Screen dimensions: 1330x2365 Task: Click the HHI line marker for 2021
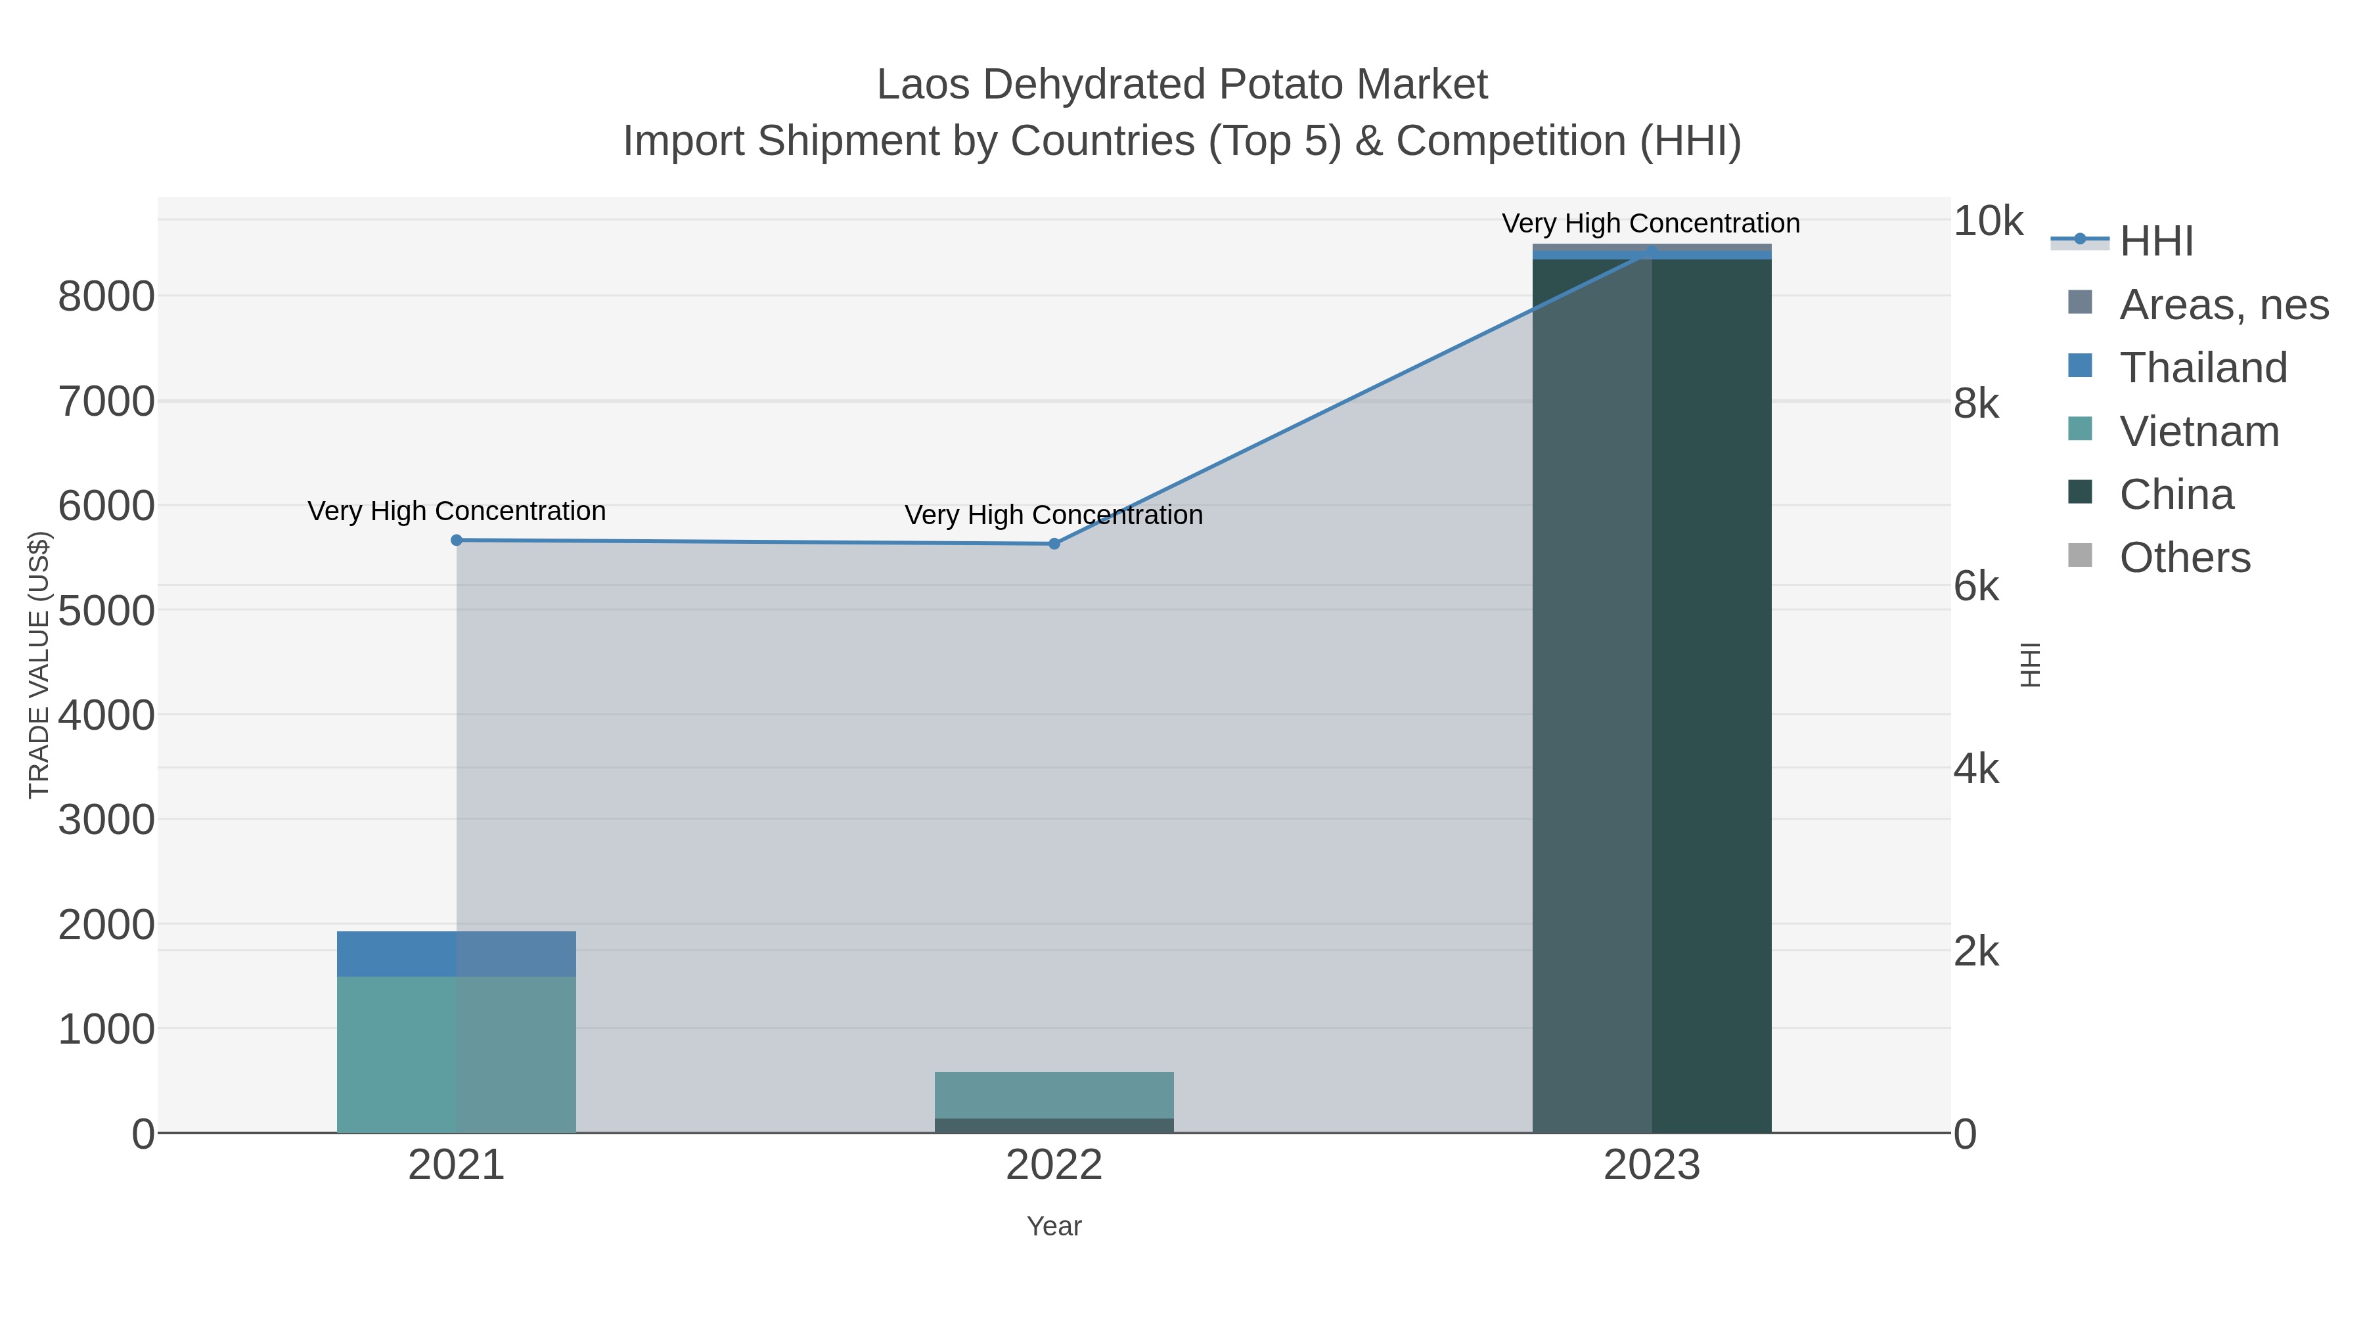pyautogui.click(x=457, y=540)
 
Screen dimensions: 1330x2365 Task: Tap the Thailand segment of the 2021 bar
pyautogui.click(x=457, y=954)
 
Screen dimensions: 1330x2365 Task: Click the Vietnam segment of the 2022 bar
pyautogui.click(x=1054, y=1094)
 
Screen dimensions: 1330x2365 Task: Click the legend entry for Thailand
pyautogui.click(x=2203, y=367)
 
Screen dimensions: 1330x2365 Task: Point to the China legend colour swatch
pyautogui.click(x=2079, y=492)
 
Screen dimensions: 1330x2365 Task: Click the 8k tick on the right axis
pyautogui.click(x=1975, y=404)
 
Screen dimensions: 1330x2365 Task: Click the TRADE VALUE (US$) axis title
pyautogui.click(x=39, y=665)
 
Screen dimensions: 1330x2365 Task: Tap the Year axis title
pyautogui.click(x=1054, y=1226)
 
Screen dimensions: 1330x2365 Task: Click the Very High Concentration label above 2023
pyautogui.click(x=1651, y=223)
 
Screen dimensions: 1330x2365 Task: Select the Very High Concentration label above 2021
pyautogui.click(x=457, y=510)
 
